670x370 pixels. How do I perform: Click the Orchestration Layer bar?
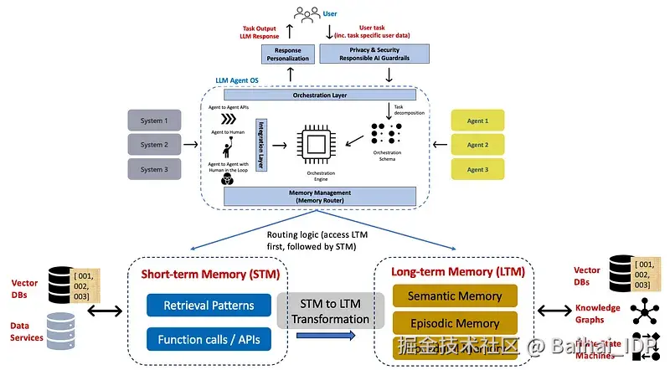click(320, 95)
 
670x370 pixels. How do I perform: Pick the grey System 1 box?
click(152, 121)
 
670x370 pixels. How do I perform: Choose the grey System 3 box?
click(152, 168)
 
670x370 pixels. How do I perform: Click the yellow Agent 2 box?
click(477, 145)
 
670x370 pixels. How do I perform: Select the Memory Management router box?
click(320, 197)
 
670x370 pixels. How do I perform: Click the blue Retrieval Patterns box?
click(209, 305)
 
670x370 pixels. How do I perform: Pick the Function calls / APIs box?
click(209, 340)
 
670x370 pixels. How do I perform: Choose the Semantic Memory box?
click(454, 295)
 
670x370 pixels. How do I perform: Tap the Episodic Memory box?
click(454, 323)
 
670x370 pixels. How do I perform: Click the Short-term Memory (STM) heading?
click(209, 275)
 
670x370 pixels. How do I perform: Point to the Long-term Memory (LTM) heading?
click(452, 272)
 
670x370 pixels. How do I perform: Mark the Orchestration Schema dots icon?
click(385, 135)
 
